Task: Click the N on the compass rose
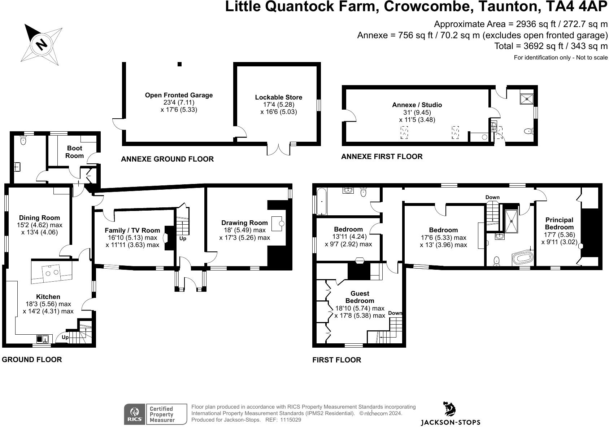(41, 45)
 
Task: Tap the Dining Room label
(39, 217)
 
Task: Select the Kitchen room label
(48, 296)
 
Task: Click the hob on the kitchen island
(52, 272)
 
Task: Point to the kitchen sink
(42, 339)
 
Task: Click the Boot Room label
(74, 152)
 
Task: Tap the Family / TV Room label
(132, 230)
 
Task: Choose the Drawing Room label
(244, 223)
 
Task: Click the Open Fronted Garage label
(179, 95)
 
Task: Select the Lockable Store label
(278, 97)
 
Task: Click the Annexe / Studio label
(417, 105)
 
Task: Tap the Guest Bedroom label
(360, 297)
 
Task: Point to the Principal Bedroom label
(559, 223)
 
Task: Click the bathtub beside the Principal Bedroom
(522, 258)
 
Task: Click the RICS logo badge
(135, 414)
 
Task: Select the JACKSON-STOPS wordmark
(451, 422)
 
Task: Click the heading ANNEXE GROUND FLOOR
(167, 159)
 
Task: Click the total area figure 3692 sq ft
(543, 46)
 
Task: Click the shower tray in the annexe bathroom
(527, 99)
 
